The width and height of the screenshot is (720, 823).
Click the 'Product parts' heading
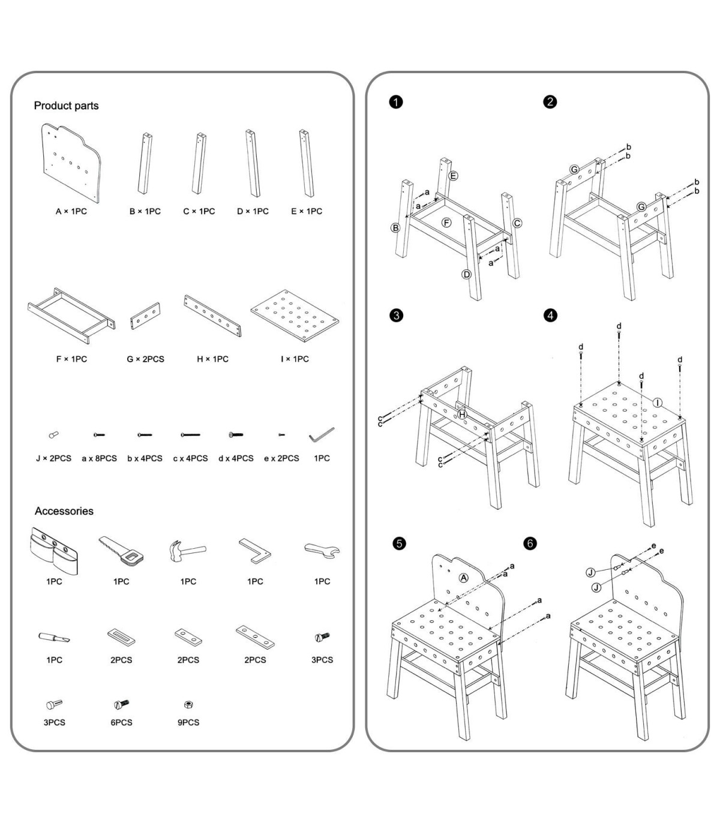[x=66, y=106]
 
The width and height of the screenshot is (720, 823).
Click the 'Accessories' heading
[x=64, y=511]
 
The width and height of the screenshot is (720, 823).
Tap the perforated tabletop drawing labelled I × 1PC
[x=295, y=316]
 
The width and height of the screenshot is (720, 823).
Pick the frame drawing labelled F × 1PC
[x=71, y=316]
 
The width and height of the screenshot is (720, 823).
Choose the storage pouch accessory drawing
[x=53, y=551]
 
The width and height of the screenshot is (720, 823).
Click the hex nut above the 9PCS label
[x=188, y=704]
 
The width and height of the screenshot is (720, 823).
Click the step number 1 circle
[x=396, y=102]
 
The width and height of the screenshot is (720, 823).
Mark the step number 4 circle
[x=550, y=315]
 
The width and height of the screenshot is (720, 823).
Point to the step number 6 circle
[x=530, y=543]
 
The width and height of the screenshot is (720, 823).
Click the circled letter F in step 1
[x=446, y=223]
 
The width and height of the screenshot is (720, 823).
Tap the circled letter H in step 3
[x=462, y=414]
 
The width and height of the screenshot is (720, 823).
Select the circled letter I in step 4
[x=658, y=403]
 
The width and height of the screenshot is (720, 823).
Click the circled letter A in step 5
[x=463, y=578]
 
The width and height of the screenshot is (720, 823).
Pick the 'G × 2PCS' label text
[x=145, y=359]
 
